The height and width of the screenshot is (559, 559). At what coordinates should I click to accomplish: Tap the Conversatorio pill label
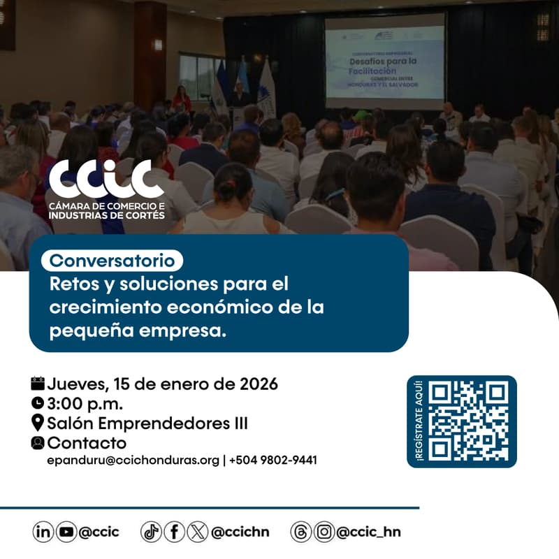tap(112, 261)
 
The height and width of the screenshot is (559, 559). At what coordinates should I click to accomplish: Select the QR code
tap(468, 421)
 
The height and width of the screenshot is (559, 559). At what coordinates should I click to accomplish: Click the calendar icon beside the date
tap(38, 383)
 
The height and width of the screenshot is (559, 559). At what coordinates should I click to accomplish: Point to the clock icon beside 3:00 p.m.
tap(38, 402)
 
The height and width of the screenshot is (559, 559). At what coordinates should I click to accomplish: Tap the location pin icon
tap(38, 423)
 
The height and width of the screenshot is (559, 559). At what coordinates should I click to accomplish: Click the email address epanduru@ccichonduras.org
tap(133, 460)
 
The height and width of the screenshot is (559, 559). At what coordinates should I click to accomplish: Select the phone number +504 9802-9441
tap(273, 460)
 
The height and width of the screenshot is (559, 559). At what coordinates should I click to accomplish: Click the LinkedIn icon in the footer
tap(43, 532)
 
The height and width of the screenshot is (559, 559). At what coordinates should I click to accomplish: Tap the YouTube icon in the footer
tap(66, 532)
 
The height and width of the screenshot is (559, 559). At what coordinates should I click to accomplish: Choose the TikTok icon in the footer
tap(151, 532)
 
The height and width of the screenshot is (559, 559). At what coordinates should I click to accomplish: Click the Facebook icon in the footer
tap(174, 532)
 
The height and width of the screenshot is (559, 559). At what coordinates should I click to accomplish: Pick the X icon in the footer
tap(197, 532)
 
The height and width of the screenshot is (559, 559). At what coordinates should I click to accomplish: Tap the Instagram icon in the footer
tap(324, 532)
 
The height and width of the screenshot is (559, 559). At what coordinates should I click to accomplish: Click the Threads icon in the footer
tap(301, 532)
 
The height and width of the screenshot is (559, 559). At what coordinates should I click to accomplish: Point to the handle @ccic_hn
tap(368, 532)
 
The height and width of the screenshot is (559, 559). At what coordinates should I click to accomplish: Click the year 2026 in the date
tap(259, 384)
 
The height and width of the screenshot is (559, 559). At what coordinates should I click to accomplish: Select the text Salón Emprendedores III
tap(147, 423)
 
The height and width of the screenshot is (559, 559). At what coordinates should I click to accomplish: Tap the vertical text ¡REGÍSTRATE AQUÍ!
tap(419, 421)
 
